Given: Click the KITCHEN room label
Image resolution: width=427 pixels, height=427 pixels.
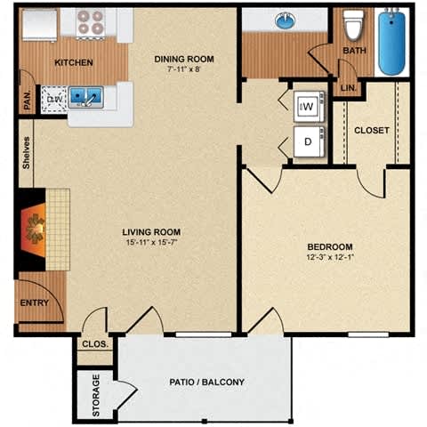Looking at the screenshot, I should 75,63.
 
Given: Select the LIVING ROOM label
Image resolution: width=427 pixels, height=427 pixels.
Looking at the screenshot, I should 157,232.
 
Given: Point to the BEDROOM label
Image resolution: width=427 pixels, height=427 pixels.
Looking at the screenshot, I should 330,246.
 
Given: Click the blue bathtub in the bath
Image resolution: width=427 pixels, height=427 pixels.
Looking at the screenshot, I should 392,42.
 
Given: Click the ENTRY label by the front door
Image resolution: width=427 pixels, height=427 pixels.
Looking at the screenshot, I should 34,303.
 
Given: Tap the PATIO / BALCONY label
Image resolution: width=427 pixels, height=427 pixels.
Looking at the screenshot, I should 206,383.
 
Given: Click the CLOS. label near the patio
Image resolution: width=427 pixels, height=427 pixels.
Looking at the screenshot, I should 93,343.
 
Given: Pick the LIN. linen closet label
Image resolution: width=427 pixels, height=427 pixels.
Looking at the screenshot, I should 347,88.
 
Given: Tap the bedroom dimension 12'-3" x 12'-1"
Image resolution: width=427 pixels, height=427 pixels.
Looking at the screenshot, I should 330,258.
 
